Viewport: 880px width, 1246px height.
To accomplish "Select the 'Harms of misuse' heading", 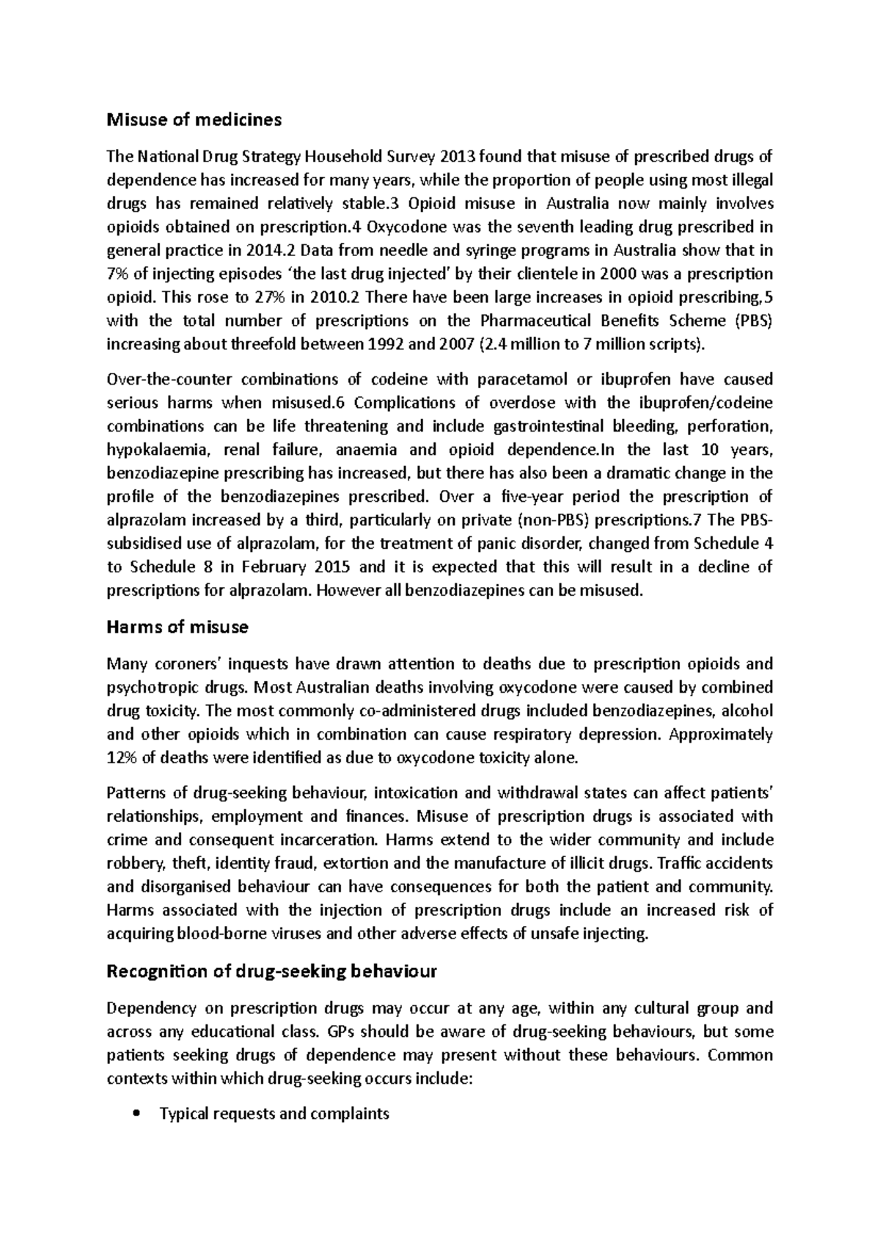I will point(177,627).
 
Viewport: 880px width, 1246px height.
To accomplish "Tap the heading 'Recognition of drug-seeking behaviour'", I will point(271,972).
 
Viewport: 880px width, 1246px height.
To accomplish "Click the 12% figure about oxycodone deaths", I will point(121,757).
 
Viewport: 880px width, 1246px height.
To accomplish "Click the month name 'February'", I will point(276,567).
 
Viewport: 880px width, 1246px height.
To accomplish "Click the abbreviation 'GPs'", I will point(337,1032).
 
